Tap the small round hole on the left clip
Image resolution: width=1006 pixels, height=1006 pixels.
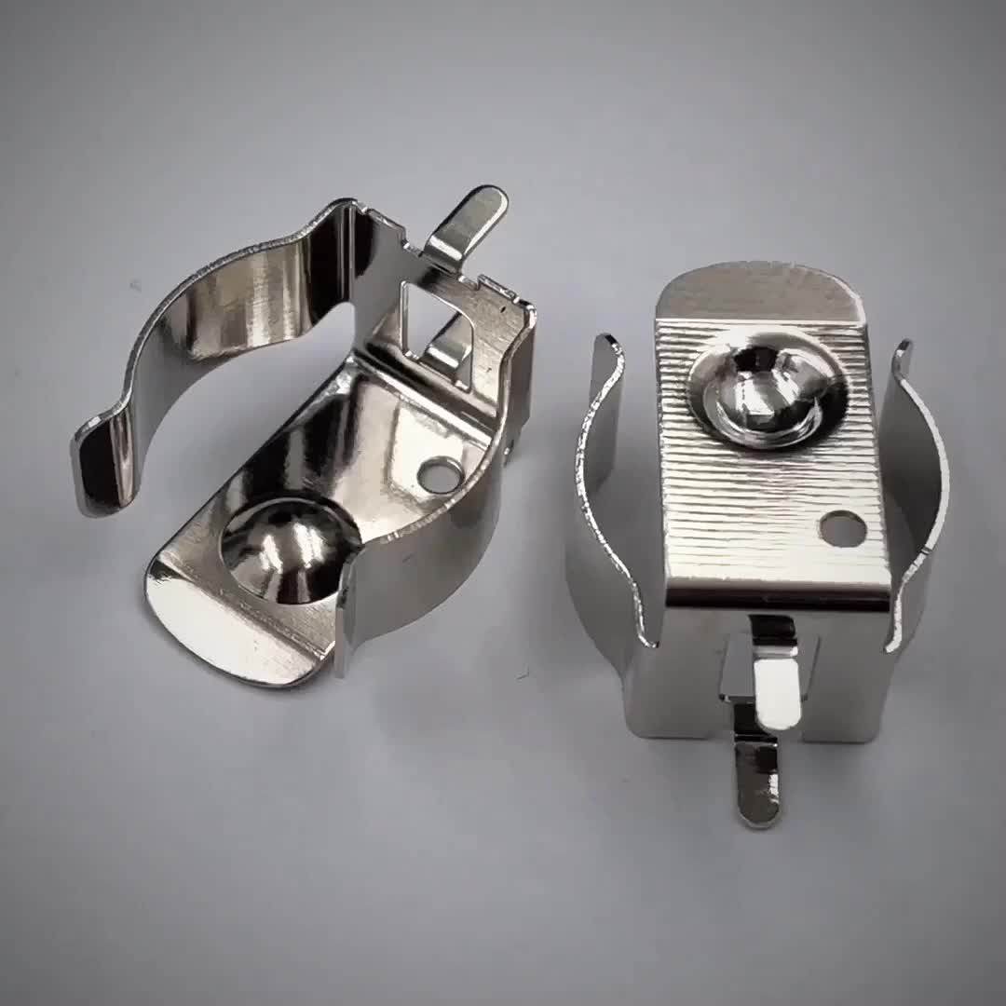pyautogui.click(x=440, y=475)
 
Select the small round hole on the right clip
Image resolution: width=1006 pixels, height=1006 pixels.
pyautogui.click(x=842, y=528)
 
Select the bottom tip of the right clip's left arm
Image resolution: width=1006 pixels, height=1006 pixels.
pyautogui.click(x=646, y=633)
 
